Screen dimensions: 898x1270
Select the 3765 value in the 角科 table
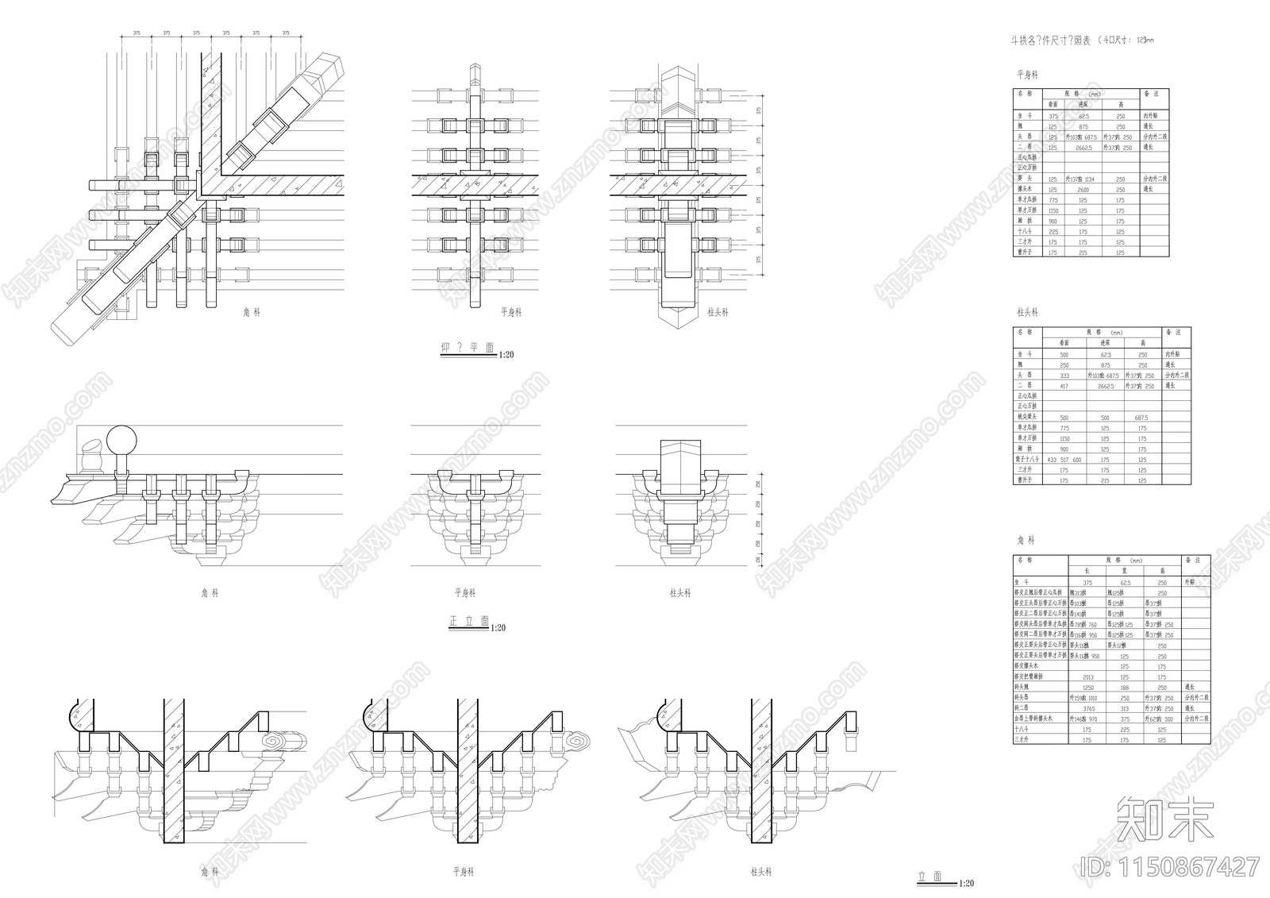tap(1087, 708)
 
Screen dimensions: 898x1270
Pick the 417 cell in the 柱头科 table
tap(1064, 386)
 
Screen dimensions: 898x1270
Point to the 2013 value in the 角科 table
tap(1087, 677)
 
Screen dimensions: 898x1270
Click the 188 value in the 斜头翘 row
tap(1124, 688)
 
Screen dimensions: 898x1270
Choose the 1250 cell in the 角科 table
tap(1087, 688)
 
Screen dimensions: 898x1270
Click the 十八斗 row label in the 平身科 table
tap(1025, 232)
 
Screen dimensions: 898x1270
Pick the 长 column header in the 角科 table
tap(1087, 571)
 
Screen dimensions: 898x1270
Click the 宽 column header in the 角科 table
tap(1124, 571)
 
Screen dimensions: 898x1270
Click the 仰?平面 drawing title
tap(468, 348)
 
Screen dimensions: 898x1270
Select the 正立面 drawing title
tap(468, 622)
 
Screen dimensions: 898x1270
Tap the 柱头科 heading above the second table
tap(1027, 313)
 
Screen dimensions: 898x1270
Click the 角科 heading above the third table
tap(1026, 540)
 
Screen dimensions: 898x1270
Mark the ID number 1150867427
tap(1171, 866)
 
